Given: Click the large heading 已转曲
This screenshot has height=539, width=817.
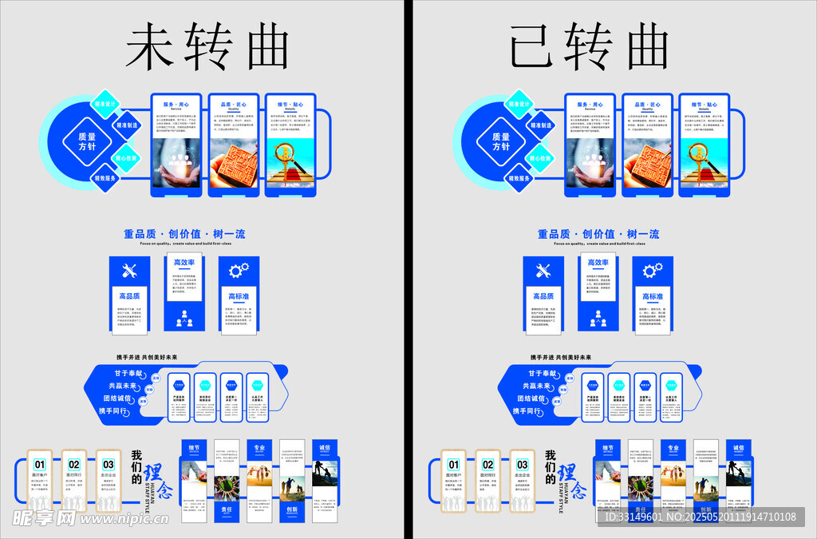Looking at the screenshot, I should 590,46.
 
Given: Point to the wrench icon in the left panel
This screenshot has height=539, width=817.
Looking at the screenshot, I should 129,271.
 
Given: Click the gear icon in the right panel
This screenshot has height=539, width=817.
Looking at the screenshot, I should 653,271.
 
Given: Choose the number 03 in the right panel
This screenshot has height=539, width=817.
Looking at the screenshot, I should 522,464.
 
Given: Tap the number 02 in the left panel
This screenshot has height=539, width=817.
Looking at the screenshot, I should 74,464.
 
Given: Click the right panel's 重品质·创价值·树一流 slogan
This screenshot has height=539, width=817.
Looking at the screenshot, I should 598,234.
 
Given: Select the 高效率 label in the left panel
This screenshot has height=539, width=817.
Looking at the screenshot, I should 184,263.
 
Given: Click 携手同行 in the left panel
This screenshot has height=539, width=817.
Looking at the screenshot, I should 113,410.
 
